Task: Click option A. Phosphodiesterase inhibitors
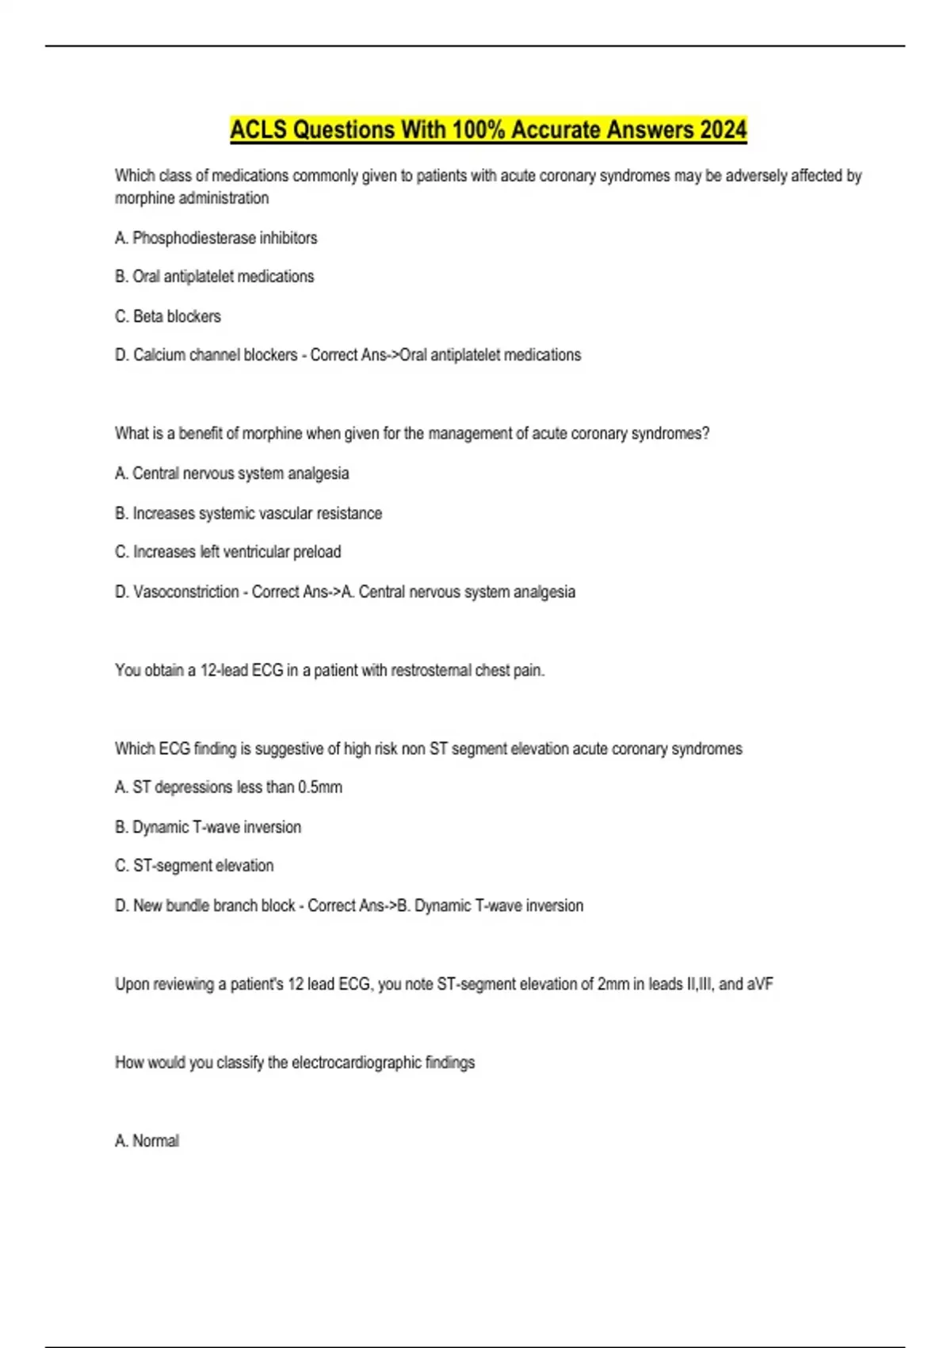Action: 216,238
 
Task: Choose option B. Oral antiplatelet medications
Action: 214,277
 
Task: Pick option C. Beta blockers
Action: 167,316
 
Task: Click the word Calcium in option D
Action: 159,355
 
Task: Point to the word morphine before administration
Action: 146,198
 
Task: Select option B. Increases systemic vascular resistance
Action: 248,513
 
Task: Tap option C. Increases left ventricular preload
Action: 227,552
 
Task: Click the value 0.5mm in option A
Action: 320,787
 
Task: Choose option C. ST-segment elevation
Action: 194,866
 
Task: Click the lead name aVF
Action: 760,984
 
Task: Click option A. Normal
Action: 147,1141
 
